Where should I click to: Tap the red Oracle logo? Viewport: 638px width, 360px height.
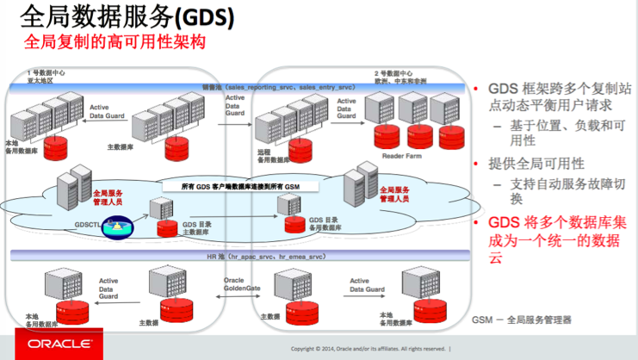click(x=52, y=344)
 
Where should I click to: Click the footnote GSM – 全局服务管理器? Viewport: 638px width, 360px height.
click(x=521, y=320)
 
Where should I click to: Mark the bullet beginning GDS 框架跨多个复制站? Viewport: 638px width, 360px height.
click(x=550, y=96)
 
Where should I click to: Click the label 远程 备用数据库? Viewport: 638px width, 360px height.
click(x=268, y=154)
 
